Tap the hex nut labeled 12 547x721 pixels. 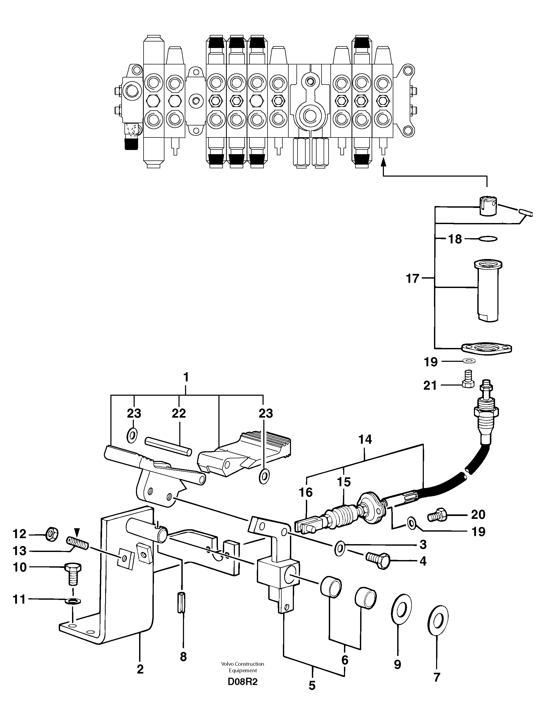pos(52,534)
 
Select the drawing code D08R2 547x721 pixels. pos(242,682)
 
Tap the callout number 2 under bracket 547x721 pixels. pos(140,670)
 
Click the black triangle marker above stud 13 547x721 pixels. pos(77,531)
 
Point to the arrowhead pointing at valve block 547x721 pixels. pos(384,161)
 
